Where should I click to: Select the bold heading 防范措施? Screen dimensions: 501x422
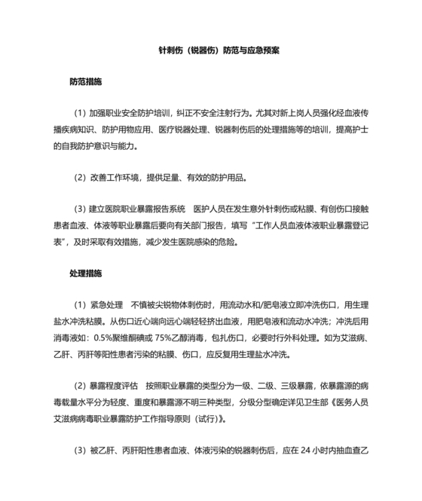click(x=85, y=80)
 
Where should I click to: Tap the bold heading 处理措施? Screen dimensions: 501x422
click(x=85, y=273)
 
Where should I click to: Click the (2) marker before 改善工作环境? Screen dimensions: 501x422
click(x=80, y=179)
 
